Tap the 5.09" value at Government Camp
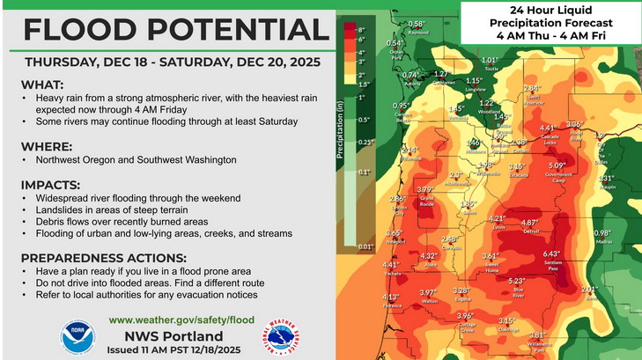click(x=557, y=165)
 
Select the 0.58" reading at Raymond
click(x=417, y=24)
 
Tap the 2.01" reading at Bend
click(x=590, y=289)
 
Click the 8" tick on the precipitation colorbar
click(x=360, y=29)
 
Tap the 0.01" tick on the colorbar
click(x=365, y=247)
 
